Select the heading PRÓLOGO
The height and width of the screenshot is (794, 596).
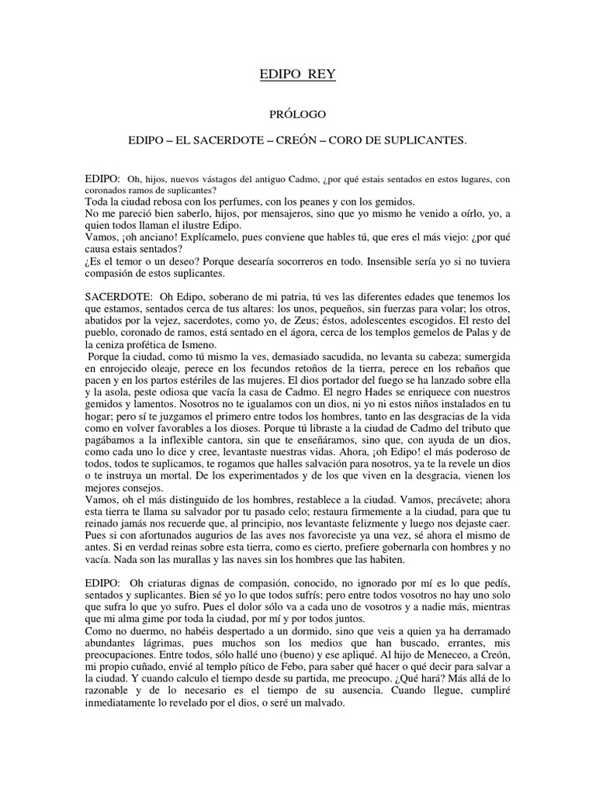coord(297,114)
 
